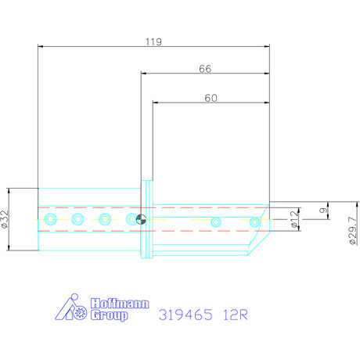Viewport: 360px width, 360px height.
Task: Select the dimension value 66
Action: (x=205, y=69)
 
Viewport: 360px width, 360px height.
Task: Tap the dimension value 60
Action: (x=211, y=99)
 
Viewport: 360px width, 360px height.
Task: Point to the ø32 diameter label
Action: (x=5, y=219)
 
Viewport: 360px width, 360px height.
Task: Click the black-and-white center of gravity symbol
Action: (x=142, y=219)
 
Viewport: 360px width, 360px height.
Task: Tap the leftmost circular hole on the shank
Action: (x=50, y=219)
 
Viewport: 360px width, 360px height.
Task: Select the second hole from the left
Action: (x=77, y=219)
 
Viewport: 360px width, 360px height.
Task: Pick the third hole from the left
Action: (x=104, y=219)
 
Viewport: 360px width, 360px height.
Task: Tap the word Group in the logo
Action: (x=110, y=316)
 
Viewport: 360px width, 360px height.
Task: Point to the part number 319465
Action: (x=185, y=316)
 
